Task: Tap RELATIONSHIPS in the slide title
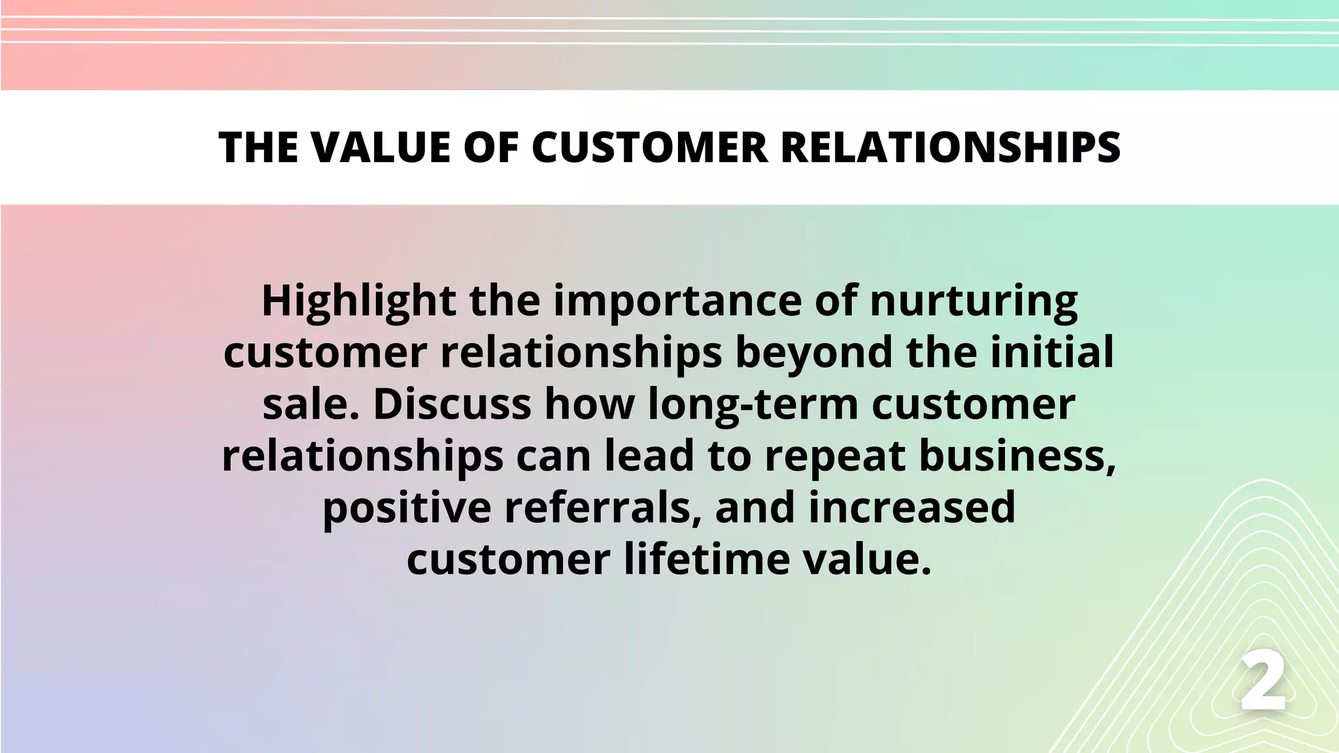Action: (951, 147)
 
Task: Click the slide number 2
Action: (1263, 684)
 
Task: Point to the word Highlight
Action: (358, 301)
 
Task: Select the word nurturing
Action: (974, 301)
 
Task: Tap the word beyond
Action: (813, 353)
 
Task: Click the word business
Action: (1017, 456)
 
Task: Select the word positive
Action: (406, 508)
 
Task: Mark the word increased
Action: (911, 508)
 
